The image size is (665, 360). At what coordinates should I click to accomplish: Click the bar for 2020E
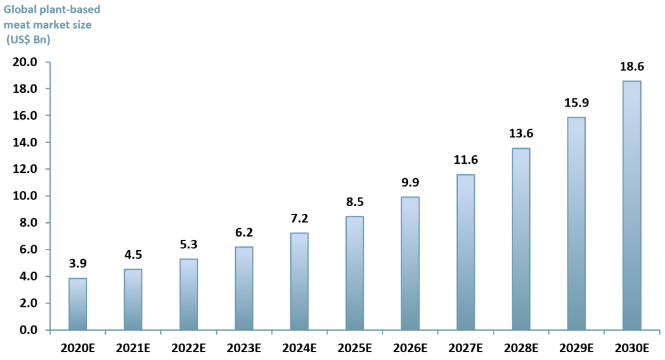(x=77, y=304)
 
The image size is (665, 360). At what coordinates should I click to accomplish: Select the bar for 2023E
(x=244, y=289)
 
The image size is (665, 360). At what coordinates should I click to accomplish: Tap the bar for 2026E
(x=410, y=263)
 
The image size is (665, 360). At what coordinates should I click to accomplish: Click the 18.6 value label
(x=631, y=66)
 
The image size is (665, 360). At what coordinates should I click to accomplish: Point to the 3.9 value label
(x=77, y=263)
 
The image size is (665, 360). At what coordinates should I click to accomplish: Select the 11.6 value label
(x=465, y=159)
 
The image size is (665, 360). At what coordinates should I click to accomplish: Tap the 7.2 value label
(x=299, y=218)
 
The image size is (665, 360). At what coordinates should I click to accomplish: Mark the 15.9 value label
(x=576, y=102)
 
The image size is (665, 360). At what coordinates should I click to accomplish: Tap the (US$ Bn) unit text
(x=28, y=40)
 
